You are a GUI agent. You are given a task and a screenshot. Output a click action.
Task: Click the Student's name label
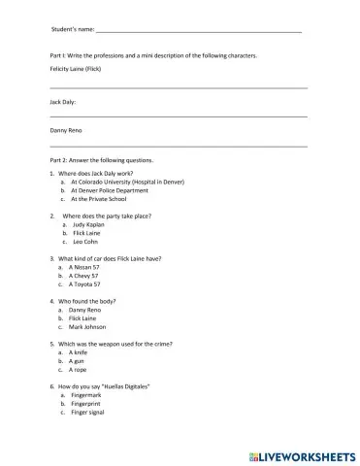[x=73, y=31]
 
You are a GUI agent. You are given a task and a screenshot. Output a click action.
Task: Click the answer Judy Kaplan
[x=86, y=224]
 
